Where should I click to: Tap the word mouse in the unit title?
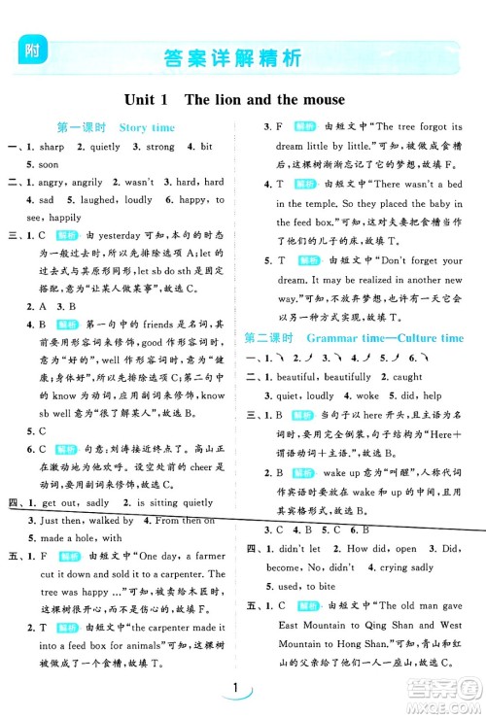coord(323,99)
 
